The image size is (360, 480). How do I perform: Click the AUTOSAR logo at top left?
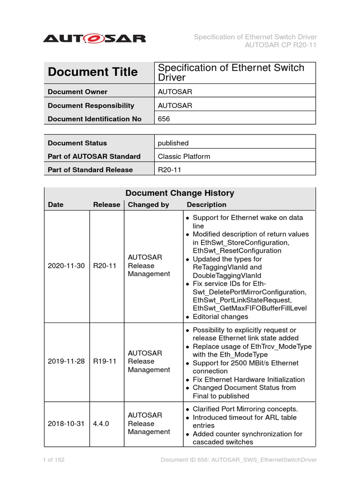point(94,38)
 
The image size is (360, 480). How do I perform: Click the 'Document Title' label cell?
point(93,72)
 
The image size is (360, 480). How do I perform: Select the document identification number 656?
point(164,119)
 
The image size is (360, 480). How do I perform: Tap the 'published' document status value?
point(173,143)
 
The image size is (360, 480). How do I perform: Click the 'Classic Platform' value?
point(184,157)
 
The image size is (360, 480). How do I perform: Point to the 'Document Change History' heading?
point(180,193)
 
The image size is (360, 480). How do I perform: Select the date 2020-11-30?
point(66,266)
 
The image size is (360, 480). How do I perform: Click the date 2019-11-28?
point(66,361)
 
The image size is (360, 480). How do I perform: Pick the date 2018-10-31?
point(66,423)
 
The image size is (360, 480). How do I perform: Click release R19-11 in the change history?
point(105,361)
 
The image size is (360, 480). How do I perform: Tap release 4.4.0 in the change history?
point(101,423)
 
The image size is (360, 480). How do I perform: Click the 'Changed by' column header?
point(148,205)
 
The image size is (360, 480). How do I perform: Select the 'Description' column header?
point(206,205)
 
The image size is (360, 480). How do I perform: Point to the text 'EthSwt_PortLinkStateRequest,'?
point(242,300)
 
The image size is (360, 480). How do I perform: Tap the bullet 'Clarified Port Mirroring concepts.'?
point(245,409)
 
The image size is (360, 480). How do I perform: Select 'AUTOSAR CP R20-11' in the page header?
point(281,45)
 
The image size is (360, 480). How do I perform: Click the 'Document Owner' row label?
point(77,92)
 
